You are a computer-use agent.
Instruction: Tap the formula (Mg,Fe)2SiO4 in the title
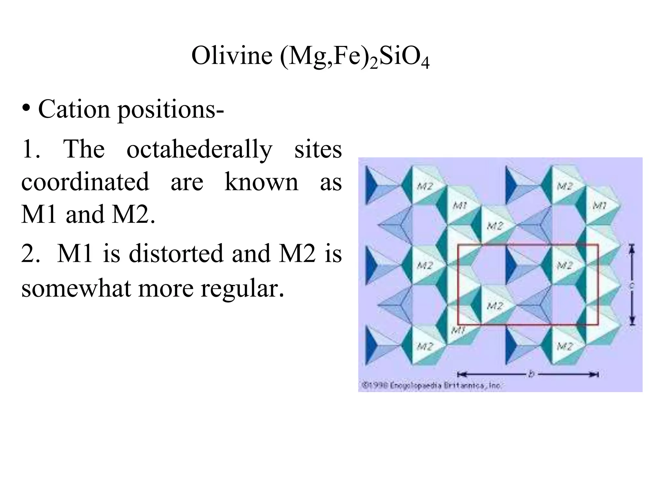[355, 57]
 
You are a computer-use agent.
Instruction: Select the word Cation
[74, 109]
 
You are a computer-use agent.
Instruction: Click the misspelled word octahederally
[200, 149]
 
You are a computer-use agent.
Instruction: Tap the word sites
[318, 149]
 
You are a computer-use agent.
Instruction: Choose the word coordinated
[85, 182]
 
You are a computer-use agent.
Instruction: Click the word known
[261, 182]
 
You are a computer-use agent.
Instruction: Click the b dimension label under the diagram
[531, 374]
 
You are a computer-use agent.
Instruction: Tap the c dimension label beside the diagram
[632, 285]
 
